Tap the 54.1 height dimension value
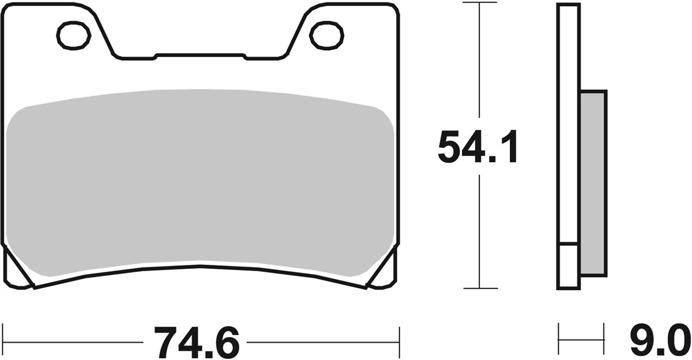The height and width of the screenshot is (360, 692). click(478, 148)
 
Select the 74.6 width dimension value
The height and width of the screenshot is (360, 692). click(196, 343)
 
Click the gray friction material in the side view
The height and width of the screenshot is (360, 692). click(593, 182)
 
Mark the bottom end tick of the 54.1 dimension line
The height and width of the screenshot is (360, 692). click(480, 288)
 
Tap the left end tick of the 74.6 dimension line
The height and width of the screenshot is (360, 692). click(3, 342)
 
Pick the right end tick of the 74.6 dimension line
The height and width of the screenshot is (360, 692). click(399, 342)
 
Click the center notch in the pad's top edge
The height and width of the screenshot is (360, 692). click(201, 56)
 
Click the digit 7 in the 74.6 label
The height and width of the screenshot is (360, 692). click(164, 343)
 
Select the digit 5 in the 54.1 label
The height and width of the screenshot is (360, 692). click(450, 148)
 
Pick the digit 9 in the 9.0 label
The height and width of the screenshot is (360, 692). click(641, 343)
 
